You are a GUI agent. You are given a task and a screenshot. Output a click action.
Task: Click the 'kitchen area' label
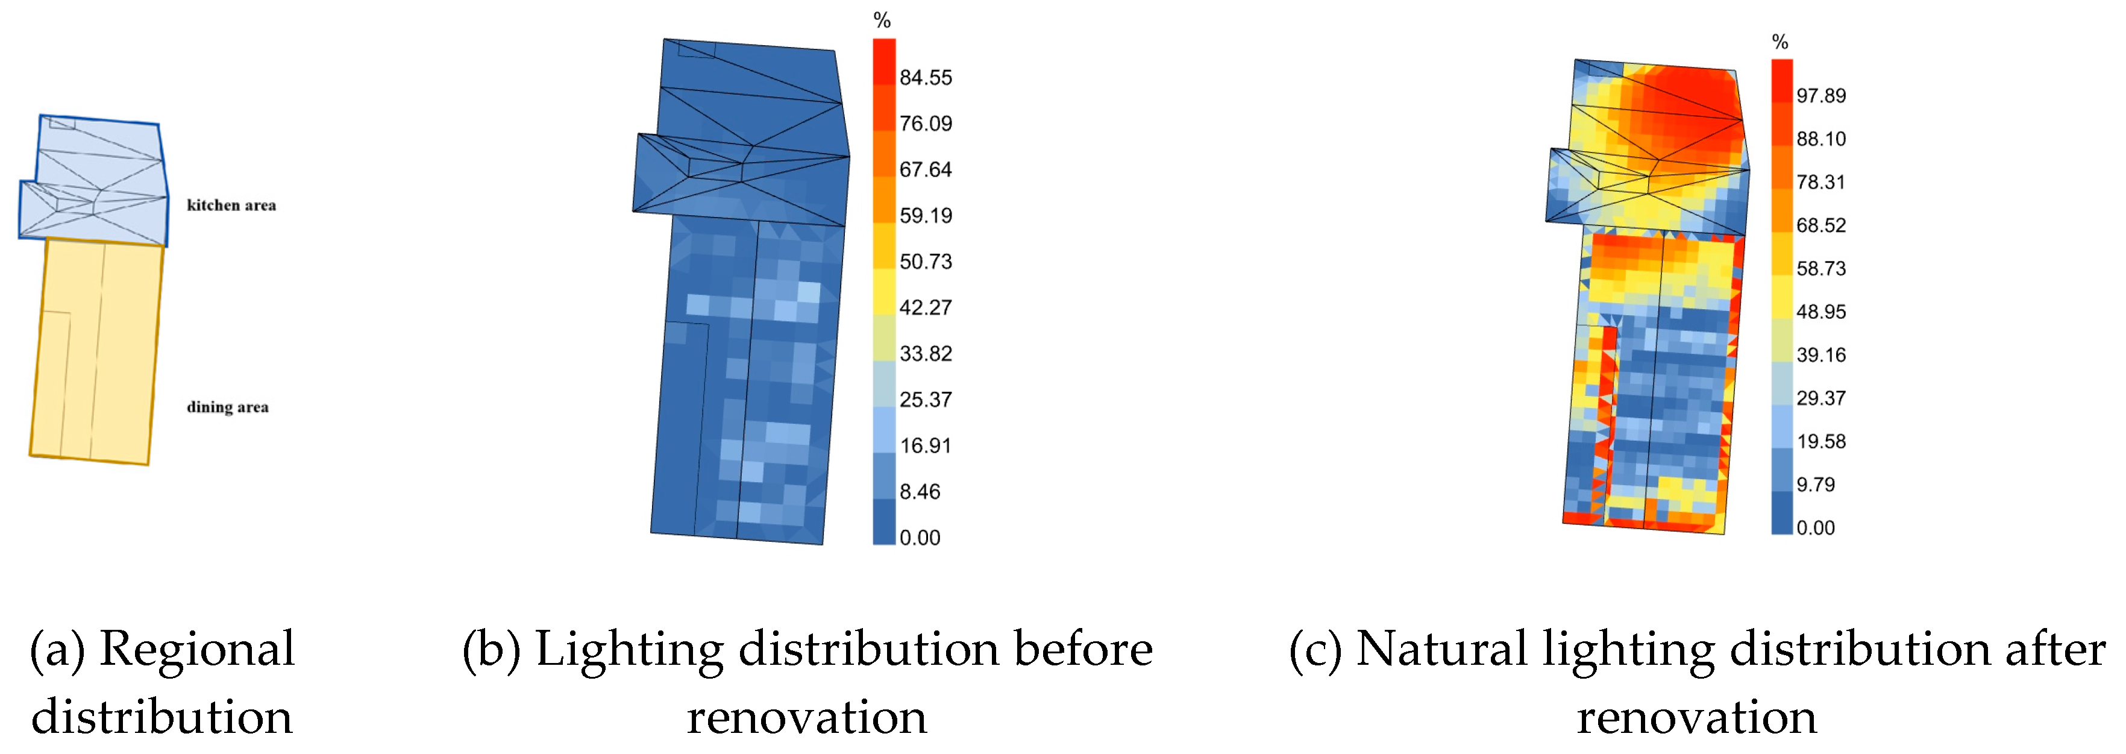(231, 205)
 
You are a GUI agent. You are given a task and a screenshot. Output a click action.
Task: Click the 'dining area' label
(227, 406)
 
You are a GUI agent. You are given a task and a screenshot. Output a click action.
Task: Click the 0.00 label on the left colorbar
(920, 538)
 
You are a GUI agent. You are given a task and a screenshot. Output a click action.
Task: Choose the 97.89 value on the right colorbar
(1820, 96)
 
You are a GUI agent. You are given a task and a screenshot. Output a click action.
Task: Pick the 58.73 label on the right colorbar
(1820, 268)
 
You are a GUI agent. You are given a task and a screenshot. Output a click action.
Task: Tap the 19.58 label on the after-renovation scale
(1820, 442)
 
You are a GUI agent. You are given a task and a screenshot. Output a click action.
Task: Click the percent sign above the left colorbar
(882, 20)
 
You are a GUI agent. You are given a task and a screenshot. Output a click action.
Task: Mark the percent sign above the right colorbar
(1780, 42)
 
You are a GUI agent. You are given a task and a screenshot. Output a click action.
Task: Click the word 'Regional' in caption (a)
(196, 650)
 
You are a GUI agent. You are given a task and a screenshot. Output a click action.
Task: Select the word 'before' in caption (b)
(1082, 650)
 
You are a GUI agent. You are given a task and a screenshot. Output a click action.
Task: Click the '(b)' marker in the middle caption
(491, 650)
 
